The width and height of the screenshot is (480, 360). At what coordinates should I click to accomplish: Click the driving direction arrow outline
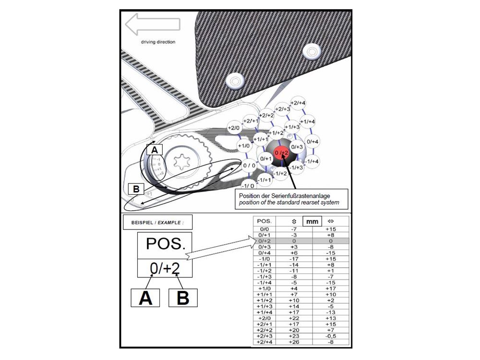(152, 24)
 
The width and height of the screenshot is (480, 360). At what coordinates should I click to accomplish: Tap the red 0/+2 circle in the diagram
(281, 153)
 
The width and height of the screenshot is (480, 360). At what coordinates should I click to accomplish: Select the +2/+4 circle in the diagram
(299, 103)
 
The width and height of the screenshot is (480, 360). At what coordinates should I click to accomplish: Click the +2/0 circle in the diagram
(234, 128)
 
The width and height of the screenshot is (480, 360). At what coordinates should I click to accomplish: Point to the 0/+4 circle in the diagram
(312, 142)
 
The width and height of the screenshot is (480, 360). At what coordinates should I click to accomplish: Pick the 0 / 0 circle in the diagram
(249, 166)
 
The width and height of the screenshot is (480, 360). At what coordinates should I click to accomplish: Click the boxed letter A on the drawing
(154, 150)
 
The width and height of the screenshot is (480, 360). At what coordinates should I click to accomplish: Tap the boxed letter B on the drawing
(136, 190)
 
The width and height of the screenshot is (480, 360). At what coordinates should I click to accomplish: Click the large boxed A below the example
(145, 298)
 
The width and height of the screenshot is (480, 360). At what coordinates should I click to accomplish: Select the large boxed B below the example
(182, 298)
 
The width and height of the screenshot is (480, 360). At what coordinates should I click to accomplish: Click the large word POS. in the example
(165, 244)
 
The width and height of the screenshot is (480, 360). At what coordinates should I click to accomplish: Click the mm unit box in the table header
(312, 222)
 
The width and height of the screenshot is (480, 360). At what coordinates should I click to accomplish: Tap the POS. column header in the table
(265, 221)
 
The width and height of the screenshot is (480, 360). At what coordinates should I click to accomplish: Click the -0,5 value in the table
(331, 336)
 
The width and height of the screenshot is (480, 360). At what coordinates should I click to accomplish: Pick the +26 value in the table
(294, 341)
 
